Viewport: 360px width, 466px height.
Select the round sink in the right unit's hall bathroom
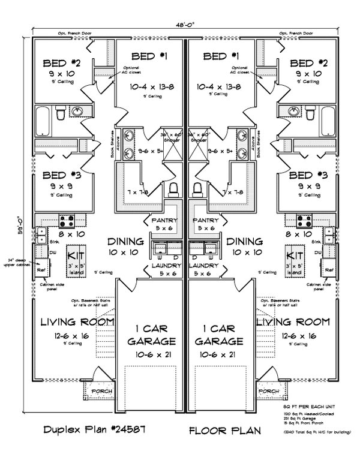(294, 112)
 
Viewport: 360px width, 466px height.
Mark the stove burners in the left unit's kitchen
(65, 219)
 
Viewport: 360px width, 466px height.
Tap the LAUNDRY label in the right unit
(206, 264)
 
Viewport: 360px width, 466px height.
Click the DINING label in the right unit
(242, 241)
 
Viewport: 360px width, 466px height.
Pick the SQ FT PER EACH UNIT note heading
(310, 407)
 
